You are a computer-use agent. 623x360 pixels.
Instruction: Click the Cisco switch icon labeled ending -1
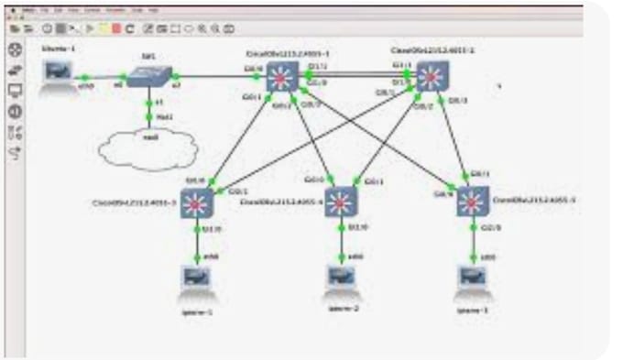pos(279,78)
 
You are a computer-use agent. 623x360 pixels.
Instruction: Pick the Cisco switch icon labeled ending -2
pos(431,78)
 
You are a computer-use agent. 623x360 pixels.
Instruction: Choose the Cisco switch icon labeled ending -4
pos(341,202)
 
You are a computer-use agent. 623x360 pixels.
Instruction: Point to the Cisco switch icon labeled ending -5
pos(473,201)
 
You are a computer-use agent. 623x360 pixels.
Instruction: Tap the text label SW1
pos(146,56)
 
